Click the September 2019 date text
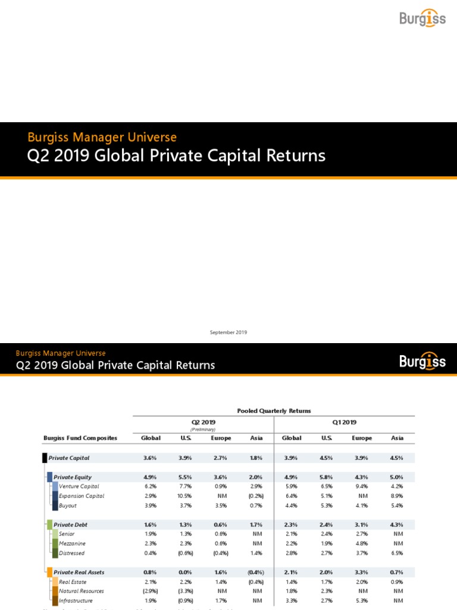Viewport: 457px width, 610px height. (x=228, y=332)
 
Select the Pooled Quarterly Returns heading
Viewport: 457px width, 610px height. (x=274, y=411)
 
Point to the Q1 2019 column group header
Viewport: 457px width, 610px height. (x=345, y=422)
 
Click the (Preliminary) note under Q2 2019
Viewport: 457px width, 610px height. (x=202, y=429)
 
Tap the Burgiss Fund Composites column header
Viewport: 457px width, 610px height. (x=80, y=438)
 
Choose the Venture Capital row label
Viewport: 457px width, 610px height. (x=79, y=487)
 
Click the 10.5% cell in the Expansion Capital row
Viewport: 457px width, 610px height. (x=185, y=496)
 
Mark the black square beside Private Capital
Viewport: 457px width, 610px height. (x=45, y=458)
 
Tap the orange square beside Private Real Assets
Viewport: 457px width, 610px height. (x=49, y=572)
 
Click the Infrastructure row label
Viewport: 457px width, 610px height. (x=76, y=600)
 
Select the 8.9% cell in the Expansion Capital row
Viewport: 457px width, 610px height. (x=397, y=496)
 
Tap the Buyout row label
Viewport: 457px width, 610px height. (x=68, y=506)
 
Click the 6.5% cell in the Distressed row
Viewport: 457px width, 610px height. (x=397, y=553)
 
